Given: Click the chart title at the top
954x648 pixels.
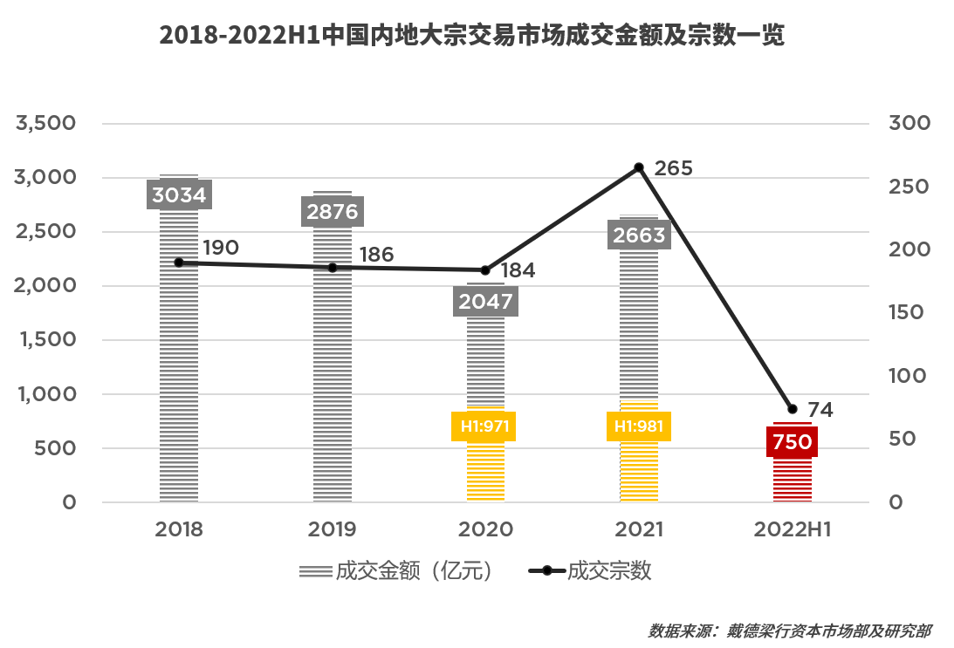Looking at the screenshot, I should click(472, 37).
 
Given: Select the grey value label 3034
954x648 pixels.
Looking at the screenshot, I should click(179, 194).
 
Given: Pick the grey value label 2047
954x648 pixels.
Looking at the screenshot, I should click(486, 302).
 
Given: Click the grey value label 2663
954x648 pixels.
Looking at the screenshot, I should click(639, 235).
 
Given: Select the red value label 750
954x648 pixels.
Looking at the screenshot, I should click(793, 442).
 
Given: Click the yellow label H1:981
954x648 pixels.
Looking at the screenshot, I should click(638, 426).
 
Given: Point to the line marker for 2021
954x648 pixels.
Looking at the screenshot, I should click(639, 167).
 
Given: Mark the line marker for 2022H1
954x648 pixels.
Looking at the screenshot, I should click(793, 409).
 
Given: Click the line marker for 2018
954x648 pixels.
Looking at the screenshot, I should click(179, 263).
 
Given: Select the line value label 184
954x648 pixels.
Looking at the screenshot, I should click(518, 270).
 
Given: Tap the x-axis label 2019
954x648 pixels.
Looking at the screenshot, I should click(333, 529).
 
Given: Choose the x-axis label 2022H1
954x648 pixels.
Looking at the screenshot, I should click(793, 529).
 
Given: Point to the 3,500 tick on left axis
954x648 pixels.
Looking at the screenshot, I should click(47, 124).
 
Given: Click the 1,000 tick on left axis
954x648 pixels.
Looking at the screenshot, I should click(47, 394).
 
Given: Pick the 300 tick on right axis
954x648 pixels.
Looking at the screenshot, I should click(909, 124).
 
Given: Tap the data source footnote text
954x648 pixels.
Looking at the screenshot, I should click(789, 631).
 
